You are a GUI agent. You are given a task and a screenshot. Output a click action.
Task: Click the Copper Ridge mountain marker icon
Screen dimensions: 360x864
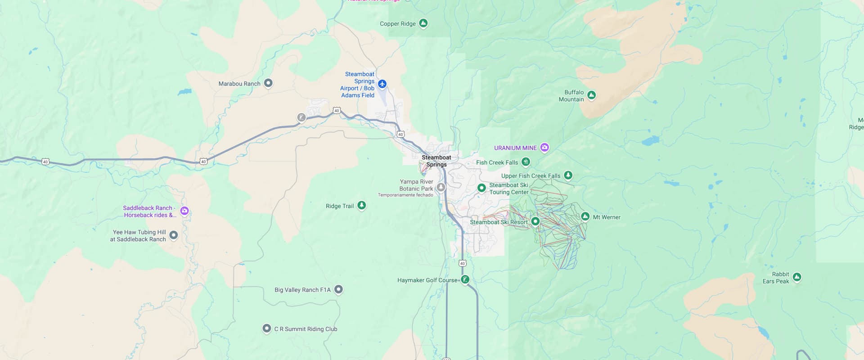pyautogui.click(x=423, y=23)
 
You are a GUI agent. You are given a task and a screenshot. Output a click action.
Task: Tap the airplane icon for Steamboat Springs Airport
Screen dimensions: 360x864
pyautogui.click(x=382, y=84)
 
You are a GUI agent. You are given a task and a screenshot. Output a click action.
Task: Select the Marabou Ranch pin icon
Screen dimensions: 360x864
pyautogui.click(x=268, y=83)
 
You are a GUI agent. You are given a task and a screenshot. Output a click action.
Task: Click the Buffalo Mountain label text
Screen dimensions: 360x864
pyautogui.click(x=571, y=96)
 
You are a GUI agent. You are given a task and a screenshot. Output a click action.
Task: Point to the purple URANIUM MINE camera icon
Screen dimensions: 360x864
pyautogui.click(x=544, y=147)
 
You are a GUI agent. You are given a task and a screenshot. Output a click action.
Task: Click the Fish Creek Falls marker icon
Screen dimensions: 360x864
pyautogui.click(x=526, y=162)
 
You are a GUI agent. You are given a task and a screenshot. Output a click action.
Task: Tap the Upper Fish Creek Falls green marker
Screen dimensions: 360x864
pyautogui.click(x=568, y=175)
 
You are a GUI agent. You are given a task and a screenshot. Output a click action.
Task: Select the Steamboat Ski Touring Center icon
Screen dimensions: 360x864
pyautogui.click(x=481, y=188)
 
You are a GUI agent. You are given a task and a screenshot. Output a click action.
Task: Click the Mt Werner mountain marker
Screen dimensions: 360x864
pyautogui.click(x=585, y=216)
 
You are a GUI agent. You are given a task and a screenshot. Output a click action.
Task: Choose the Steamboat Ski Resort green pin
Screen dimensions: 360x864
pyautogui.click(x=535, y=221)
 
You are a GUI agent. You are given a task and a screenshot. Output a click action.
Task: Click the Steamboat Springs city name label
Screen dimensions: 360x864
pyautogui.click(x=436, y=161)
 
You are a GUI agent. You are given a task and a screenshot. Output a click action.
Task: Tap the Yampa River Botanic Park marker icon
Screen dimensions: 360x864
pyautogui.click(x=441, y=187)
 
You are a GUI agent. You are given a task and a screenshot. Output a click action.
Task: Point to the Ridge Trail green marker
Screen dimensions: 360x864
pyautogui.click(x=361, y=205)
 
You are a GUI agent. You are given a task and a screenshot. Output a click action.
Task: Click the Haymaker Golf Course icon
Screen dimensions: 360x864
pyautogui.click(x=465, y=279)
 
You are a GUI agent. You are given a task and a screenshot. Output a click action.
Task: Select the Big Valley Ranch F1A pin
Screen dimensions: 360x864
pyautogui.click(x=338, y=289)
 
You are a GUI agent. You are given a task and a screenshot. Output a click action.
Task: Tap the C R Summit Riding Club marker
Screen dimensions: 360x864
pyautogui.click(x=266, y=328)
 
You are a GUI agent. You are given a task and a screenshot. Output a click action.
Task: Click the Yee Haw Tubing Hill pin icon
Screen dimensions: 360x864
pyautogui.click(x=174, y=235)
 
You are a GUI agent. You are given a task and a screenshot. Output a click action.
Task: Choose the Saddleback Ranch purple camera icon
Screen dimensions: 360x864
pyautogui.click(x=184, y=211)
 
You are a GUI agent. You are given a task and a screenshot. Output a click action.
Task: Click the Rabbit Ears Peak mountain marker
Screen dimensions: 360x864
pyautogui.click(x=796, y=277)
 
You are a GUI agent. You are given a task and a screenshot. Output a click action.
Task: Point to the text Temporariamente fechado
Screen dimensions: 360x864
pyautogui.click(x=405, y=195)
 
